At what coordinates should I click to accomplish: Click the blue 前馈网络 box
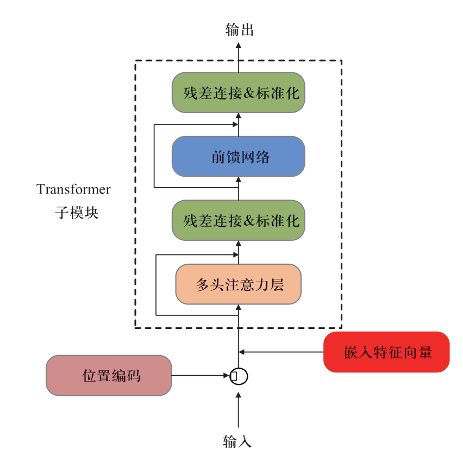(238, 157)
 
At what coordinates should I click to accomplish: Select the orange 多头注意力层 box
(238, 284)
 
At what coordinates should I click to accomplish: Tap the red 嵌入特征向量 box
(386, 352)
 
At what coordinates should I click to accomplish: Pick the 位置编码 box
(109, 375)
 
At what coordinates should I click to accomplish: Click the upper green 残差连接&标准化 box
(238, 92)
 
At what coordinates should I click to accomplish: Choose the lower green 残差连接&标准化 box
(238, 220)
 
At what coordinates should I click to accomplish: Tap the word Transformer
(73, 190)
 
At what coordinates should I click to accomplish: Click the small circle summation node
(239, 375)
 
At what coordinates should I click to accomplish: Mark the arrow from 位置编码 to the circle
(201, 375)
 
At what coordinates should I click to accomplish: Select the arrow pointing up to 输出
(238, 54)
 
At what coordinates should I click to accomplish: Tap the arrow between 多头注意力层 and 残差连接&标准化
(238, 252)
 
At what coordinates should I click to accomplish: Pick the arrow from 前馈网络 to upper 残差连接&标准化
(238, 124)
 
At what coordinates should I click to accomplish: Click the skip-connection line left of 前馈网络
(154, 156)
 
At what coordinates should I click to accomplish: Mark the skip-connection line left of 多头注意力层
(157, 284)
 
